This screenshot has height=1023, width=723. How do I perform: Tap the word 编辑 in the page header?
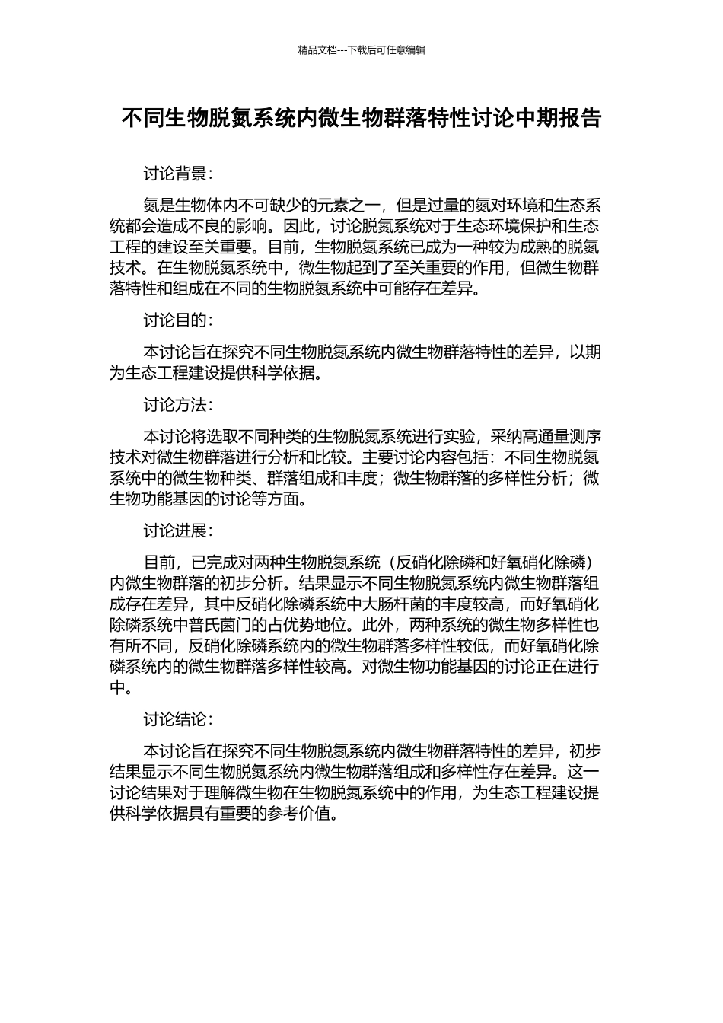click(x=415, y=50)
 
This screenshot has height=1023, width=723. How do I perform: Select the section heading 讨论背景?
click(x=176, y=174)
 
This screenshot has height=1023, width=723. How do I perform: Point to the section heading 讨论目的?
click(x=176, y=320)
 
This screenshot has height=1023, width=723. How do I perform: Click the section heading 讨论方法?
click(x=176, y=405)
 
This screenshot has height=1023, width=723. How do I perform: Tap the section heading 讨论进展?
click(x=176, y=531)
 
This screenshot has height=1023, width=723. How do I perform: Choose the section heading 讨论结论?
click(x=176, y=719)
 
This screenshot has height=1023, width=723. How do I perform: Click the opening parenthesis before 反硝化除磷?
click(x=387, y=562)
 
